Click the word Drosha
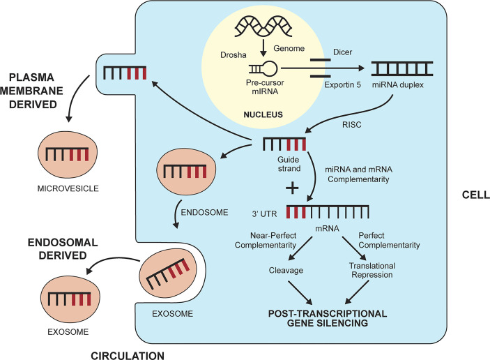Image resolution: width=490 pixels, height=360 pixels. click(233, 55)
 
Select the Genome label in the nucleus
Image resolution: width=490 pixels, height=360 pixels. click(289, 48)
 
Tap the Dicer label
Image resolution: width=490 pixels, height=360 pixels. click(342, 52)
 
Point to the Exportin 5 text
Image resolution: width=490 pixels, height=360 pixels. click(342, 84)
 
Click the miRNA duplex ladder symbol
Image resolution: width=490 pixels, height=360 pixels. click(402, 69)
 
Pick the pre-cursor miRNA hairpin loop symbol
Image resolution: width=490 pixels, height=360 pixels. click(263, 68)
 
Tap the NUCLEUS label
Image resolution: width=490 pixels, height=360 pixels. click(263, 114)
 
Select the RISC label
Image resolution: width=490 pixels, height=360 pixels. click(351, 125)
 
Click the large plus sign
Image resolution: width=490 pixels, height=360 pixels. click(292, 188)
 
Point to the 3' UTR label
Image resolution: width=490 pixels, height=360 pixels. click(264, 213)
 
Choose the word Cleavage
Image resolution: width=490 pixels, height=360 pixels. click(286, 270)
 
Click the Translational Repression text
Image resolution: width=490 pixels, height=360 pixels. click(372, 270)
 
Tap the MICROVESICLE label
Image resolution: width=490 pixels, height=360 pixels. click(68, 188)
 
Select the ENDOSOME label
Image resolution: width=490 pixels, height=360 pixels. click(204, 212)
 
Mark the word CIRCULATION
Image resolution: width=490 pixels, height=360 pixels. click(128, 356)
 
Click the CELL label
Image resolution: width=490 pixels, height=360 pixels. click(475, 195)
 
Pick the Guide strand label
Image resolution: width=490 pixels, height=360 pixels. click(289, 164)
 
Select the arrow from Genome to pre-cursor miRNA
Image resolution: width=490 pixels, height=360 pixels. click(263, 48)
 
